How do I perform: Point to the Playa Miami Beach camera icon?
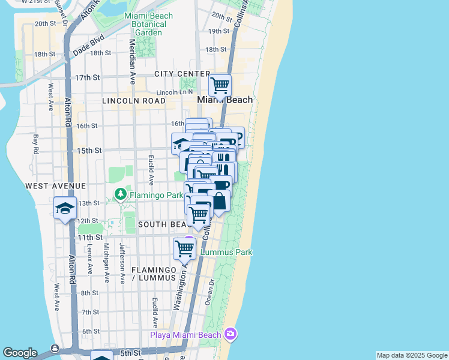point(230,334)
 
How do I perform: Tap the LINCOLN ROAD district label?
point(133,101)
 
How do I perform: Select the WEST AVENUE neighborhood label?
point(56,187)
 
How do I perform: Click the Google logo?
point(20,353)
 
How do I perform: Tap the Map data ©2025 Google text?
point(412,355)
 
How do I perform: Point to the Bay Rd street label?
point(36,144)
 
